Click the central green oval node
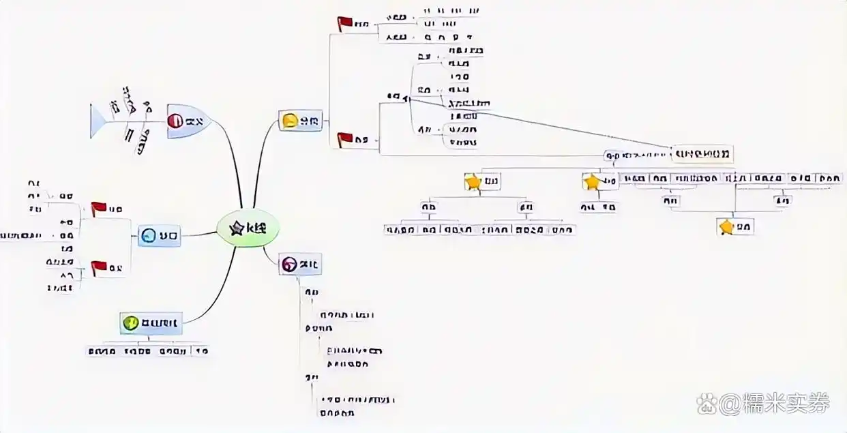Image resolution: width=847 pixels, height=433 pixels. (x=248, y=228)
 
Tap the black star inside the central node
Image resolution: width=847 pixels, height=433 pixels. (x=237, y=228)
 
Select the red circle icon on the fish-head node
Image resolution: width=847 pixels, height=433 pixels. (x=175, y=121)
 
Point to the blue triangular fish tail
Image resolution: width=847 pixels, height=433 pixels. (x=97, y=121)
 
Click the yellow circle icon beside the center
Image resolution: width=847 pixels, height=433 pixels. (x=290, y=121)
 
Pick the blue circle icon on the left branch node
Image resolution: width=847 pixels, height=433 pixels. (x=148, y=237)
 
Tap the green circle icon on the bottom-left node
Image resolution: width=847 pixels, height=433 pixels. (x=130, y=323)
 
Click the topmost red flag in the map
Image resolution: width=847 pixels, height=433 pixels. (x=345, y=23)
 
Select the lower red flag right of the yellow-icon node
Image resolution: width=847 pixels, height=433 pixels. (x=345, y=139)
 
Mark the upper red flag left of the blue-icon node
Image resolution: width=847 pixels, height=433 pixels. (x=99, y=208)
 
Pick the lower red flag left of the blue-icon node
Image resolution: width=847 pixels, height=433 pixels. (x=99, y=267)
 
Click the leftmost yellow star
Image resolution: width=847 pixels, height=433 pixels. (x=473, y=181)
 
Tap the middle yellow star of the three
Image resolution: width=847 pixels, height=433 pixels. (x=591, y=181)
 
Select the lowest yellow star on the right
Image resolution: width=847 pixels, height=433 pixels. (x=727, y=226)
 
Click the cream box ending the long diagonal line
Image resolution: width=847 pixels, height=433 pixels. (x=702, y=153)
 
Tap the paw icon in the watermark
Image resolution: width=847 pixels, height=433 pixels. (x=707, y=404)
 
